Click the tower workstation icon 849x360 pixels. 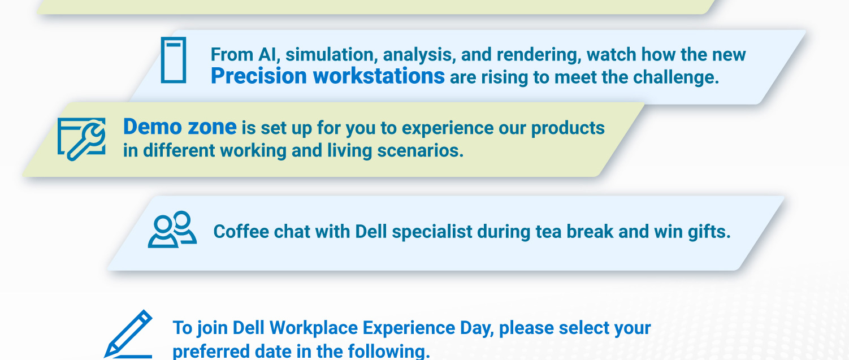(x=173, y=60)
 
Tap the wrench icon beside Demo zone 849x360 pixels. (x=81, y=139)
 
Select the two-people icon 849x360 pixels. (x=172, y=230)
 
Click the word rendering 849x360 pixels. (x=536, y=55)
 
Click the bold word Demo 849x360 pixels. (x=148, y=127)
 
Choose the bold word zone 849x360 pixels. (x=211, y=127)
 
